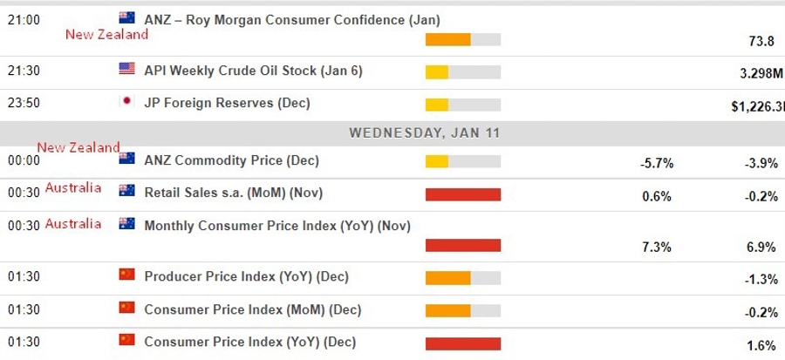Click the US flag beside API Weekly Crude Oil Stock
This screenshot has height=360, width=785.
coord(126,69)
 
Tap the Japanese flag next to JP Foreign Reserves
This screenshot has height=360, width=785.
coord(126,102)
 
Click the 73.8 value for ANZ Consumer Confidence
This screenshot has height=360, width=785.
coord(761,41)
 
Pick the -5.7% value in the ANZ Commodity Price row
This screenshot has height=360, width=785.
coord(656,163)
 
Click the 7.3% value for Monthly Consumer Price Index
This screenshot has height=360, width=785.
coord(656,248)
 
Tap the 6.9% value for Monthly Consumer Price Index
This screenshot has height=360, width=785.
coord(761,248)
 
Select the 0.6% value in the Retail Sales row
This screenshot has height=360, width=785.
coord(656,195)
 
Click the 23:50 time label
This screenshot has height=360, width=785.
coord(23,103)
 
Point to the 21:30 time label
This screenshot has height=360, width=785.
coord(23,70)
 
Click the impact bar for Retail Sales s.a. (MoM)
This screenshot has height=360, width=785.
coord(463,194)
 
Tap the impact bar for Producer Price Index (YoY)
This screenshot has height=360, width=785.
coord(463,278)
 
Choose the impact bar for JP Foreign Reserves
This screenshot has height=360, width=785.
coord(463,105)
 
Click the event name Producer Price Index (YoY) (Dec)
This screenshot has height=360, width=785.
coord(246,276)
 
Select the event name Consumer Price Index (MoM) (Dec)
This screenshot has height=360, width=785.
coord(252,309)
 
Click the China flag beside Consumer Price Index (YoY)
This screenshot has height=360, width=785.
coord(126,341)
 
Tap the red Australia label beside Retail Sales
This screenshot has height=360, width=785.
coord(73,188)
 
